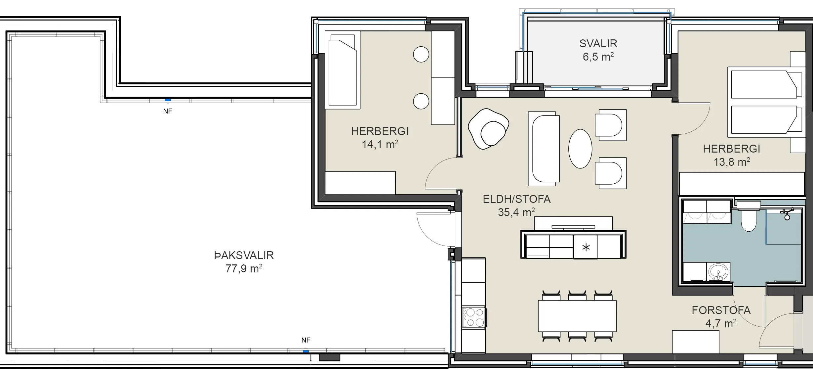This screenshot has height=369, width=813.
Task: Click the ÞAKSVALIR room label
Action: click(244, 255)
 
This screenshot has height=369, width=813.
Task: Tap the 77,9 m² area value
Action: click(244, 268)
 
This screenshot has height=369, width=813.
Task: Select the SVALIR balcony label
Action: click(598, 43)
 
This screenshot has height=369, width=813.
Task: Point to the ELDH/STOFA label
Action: click(517, 199)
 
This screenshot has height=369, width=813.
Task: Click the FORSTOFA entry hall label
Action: click(721, 310)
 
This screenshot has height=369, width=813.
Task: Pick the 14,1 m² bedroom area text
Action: click(380, 144)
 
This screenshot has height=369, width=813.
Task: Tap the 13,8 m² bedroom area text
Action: click(732, 162)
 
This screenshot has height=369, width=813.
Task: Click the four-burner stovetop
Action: click(474, 318)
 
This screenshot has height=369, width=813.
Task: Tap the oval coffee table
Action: click(580, 149)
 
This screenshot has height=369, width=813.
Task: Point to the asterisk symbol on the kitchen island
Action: click(586, 247)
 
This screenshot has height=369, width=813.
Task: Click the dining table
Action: click(577, 316)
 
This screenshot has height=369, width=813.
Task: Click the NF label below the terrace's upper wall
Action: click(168, 111)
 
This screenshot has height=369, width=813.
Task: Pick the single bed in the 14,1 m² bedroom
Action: click(343, 70)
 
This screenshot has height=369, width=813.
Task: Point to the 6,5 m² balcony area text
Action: click(598, 57)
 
